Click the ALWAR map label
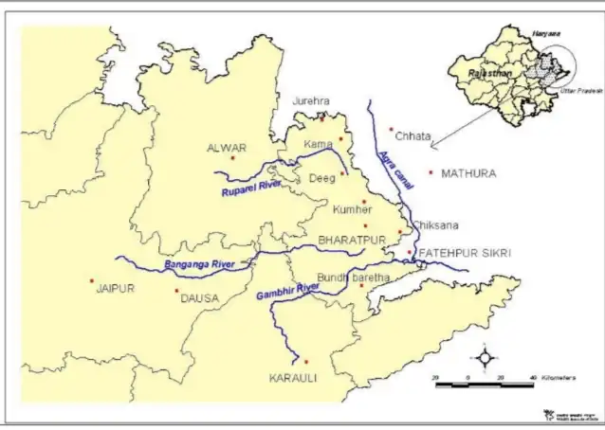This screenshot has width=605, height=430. coord(226,148)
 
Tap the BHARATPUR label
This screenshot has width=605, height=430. coord(352,240)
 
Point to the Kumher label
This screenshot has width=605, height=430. coord(352,208)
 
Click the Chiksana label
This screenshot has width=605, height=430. coord(435,225)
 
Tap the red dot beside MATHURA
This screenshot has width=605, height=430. coord(431,172)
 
